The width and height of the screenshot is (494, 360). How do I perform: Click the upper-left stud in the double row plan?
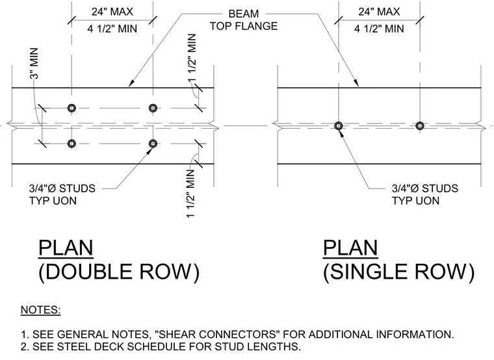click(71, 108)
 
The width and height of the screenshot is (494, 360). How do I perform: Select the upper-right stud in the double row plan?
click(153, 108)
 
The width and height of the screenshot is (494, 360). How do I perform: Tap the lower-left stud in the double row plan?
click(71, 144)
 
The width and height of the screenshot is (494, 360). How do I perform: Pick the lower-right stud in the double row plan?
click(153, 144)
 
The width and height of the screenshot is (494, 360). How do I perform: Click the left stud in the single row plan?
click(339, 125)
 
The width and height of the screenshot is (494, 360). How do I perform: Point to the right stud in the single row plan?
click(420, 125)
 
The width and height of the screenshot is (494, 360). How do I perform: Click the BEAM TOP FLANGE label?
click(244, 20)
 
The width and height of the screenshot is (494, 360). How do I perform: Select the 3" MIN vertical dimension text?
click(34, 64)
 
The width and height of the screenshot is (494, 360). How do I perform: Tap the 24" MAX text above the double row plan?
click(112, 12)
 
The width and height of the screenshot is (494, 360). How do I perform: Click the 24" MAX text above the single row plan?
click(379, 12)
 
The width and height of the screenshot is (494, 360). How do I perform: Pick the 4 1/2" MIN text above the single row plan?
click(379, 29)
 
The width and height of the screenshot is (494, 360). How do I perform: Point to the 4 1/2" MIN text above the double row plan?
click(112, 29)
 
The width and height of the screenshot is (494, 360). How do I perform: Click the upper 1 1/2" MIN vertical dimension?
click(192, 58)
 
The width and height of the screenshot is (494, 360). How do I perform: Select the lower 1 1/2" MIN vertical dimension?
click(191, 194)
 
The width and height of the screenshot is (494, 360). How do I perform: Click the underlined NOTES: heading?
click(41, 310)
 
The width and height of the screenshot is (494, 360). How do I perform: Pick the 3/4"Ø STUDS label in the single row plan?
click(425, 188)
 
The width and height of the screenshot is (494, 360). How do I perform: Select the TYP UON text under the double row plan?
click(53, 201)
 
